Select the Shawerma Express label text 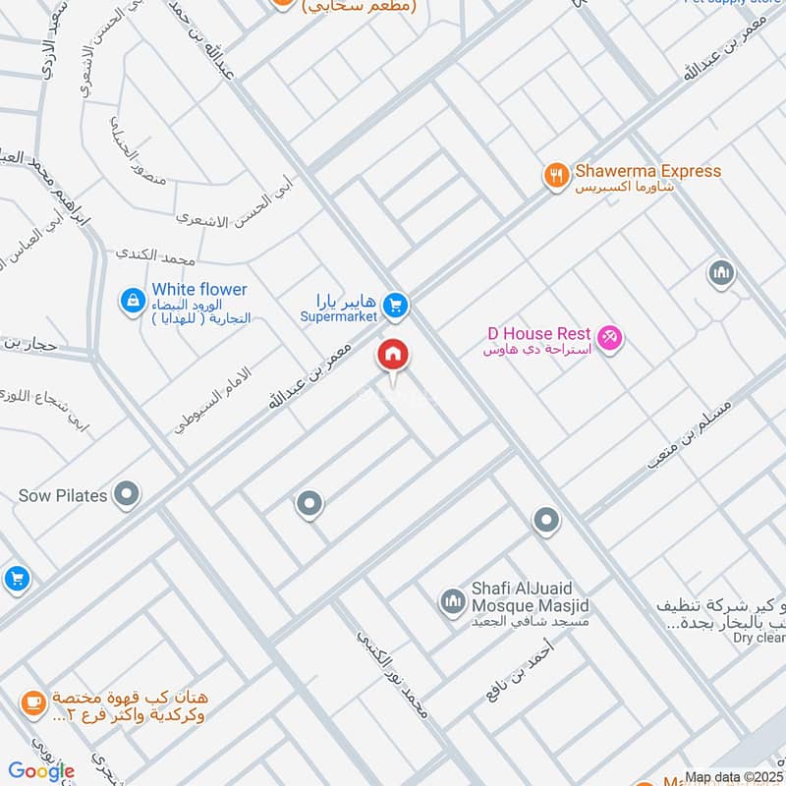coord(647,171)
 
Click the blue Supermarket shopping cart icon coord(395,308)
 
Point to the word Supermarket coord(339,317)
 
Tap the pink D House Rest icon coord(609,339)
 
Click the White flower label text coord(199,290)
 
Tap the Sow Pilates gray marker coord(126,495)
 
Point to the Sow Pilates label coord(63,496)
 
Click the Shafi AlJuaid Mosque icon coord(452,599)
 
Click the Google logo coord(41,770)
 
